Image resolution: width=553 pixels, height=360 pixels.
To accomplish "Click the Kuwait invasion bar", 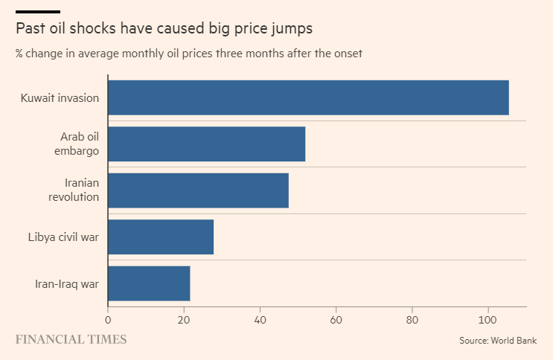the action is coord(308,97).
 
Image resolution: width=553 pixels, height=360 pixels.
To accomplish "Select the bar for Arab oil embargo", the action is coord(207,144).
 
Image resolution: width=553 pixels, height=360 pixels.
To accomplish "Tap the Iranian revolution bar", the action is coord(198,190).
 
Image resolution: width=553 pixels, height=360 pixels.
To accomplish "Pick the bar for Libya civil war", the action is coord(161,237).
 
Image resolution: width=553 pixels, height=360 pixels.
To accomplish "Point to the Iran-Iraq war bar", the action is coord(149,283).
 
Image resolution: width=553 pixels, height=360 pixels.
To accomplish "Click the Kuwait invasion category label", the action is coord(60,97).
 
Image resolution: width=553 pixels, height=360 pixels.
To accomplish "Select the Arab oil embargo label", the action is coord(77,144).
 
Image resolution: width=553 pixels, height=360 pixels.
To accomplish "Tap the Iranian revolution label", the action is coord(74,190).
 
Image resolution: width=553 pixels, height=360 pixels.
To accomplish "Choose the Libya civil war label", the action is coord(63,237).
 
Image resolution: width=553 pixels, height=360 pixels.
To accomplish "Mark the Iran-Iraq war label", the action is coord(67,284).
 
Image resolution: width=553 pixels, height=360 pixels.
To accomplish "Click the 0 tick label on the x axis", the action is coord(108,320).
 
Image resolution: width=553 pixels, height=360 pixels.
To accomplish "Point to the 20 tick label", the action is coord(184,320).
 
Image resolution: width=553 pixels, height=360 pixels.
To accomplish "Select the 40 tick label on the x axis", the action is coord(260,320).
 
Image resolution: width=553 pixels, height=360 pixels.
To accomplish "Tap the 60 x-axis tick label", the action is coord(336,320).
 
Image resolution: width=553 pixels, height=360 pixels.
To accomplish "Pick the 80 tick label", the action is coord(412,320).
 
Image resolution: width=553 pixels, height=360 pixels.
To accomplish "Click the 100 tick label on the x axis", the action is coord(488,320).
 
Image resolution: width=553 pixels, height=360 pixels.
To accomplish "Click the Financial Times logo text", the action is coord(71,339).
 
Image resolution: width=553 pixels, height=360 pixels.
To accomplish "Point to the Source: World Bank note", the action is coord(498,340).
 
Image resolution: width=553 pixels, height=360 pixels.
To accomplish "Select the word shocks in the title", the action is coord(93,28).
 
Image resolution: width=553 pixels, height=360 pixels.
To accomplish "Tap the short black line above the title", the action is coord(38,12).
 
